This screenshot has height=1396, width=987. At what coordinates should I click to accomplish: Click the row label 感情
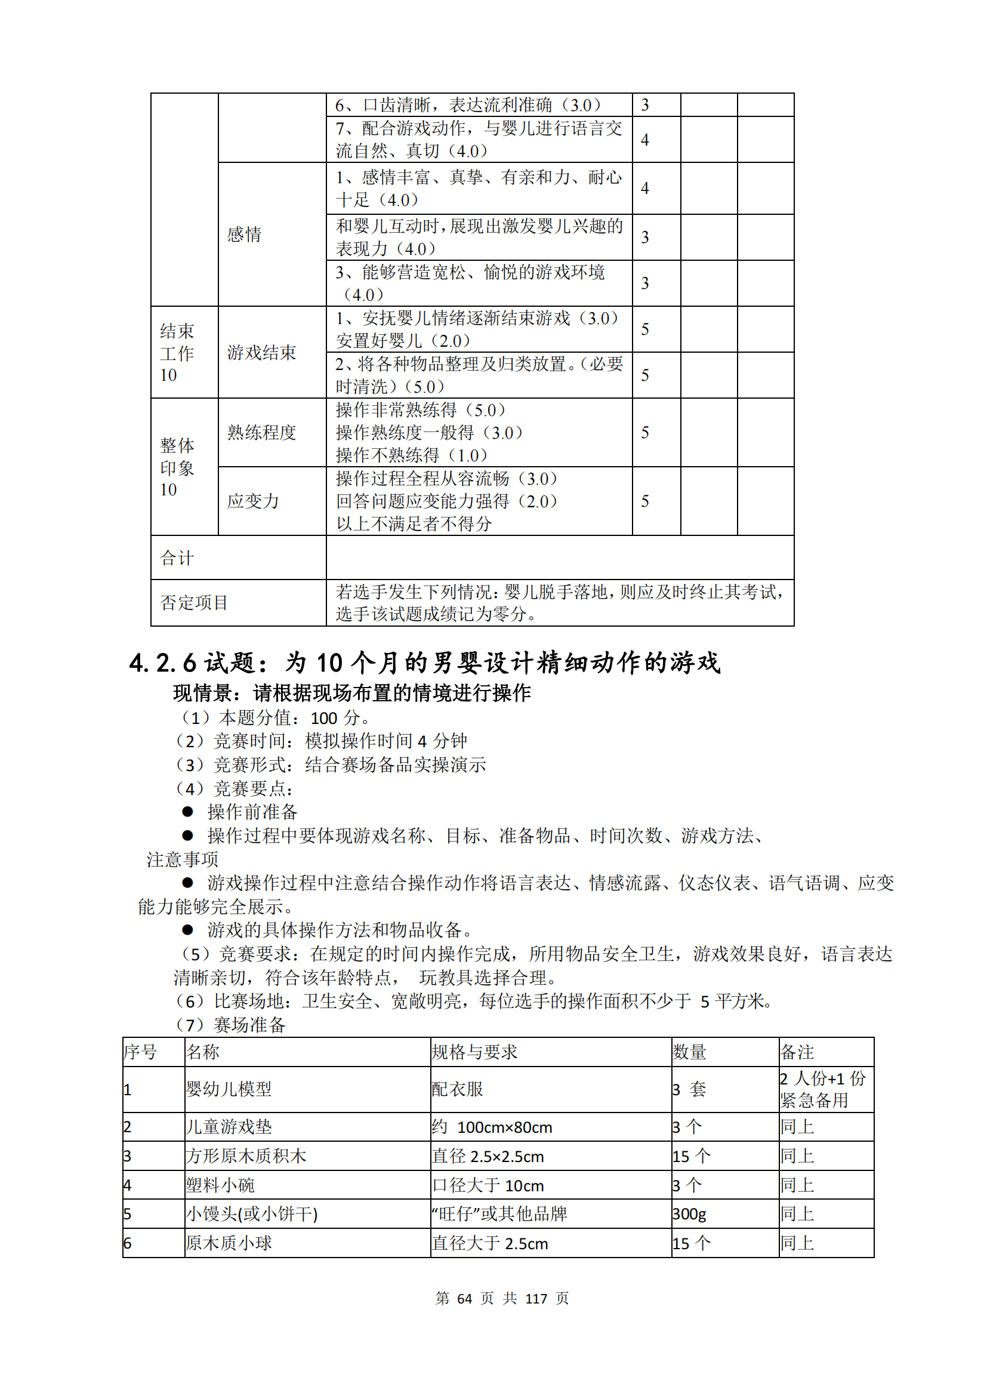pos(244,234)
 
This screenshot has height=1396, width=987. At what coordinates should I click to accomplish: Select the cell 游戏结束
pos(261,352)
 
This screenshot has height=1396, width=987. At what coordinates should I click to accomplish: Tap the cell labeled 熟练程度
pos(261,432)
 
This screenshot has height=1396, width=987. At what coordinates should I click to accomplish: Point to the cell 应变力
pos(253,501)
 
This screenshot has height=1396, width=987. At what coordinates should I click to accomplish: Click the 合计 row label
pos(177,557)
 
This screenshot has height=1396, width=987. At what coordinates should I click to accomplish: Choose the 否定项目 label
pos(194,603)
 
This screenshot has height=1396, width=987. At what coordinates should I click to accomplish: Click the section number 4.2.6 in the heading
pos(162,662)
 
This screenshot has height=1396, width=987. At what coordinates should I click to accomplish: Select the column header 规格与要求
pos(474,1052)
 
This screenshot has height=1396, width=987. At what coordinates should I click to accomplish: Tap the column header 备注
pos(797,1052)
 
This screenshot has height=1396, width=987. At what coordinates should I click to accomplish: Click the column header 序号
pos(140,1052)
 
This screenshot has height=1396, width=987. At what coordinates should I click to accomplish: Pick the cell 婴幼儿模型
pos(229,1089)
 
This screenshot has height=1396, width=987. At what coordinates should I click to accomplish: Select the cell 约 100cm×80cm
pos(492,1127)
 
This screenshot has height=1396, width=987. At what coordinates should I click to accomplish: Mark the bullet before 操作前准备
pos(187,812)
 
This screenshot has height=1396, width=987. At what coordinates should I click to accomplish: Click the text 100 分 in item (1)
pos(334,718)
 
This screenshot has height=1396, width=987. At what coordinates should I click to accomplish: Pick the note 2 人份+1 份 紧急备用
pos(822,1089)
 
